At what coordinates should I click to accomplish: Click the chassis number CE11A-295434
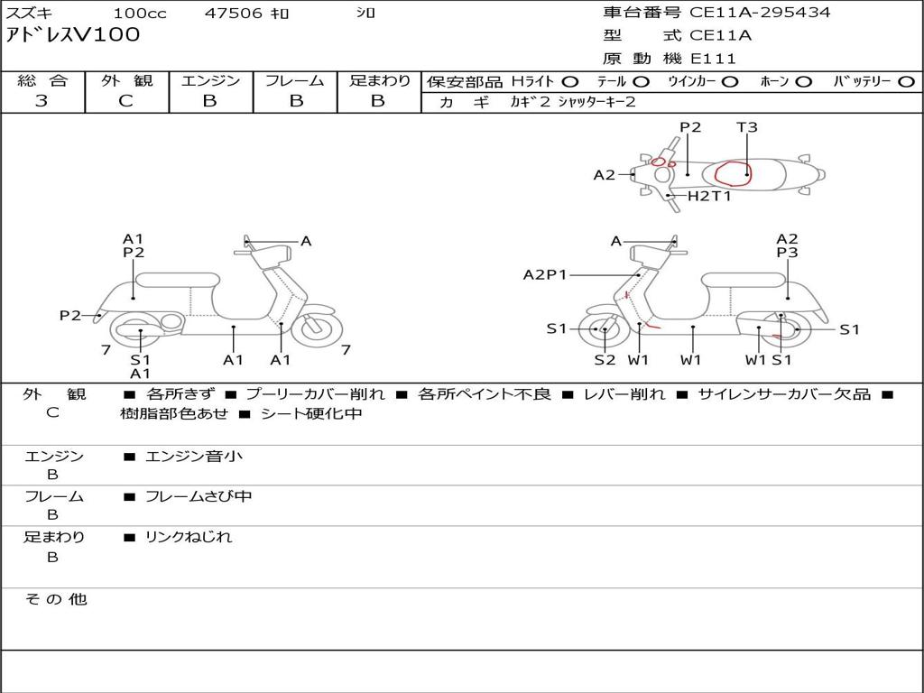click(x=760, y=13)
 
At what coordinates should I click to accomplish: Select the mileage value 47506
click(x=234, y=14)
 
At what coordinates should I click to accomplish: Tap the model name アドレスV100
click(x=73, y=36)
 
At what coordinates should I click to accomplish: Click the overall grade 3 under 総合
click(x=42, y=101)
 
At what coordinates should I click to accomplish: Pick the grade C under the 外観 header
click(x=125, y=101)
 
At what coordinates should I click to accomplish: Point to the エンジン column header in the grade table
click(x=210, y=81)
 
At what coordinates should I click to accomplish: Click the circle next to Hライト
click(x=569, y=82)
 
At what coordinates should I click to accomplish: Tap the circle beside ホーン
click(x=803, y=82)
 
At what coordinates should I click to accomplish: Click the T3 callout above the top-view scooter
click(x=746, y=127)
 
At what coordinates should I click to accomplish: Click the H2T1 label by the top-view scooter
click(x=709, y=196)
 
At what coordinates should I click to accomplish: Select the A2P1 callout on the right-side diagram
click(x=545, y=274)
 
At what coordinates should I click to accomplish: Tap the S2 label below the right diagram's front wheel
click(x=605, y=360)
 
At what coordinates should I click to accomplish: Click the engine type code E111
click(x=713, y=59)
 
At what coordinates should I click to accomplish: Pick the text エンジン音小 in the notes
click(x=193, y=457)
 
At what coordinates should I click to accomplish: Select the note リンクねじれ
click(x=189, y=537)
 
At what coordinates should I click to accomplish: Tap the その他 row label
click(x=55, y=599)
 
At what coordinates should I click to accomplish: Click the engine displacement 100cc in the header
click(x=139, y=14)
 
